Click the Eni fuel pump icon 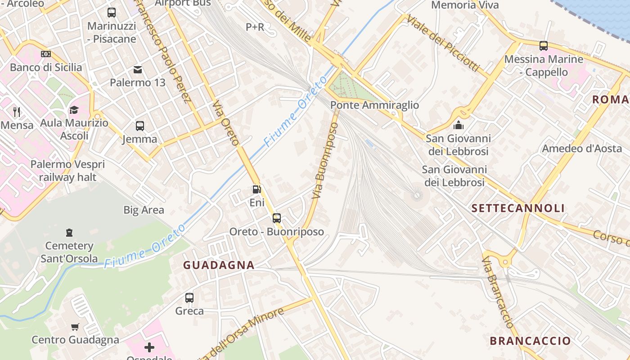click(256, 189)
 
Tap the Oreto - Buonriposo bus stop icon click(277, 218)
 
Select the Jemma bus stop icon click(140, 126)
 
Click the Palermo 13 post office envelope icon click(138, 69)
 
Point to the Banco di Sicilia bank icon click(46, 54)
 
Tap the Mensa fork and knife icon click(17, 112)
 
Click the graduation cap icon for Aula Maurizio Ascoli click(74, 110)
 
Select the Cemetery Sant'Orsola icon click(69, 232)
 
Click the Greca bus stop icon click(189, 297)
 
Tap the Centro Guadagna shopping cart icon click(75, 327)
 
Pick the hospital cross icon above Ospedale click(149, 347)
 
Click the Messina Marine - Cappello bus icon click(544, 45)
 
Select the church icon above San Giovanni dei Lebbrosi click(459, 125)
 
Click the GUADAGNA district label click(219, 265)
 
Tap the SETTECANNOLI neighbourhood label click(518, 208)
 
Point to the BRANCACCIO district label click(530, 341)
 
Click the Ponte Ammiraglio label click(374, 105)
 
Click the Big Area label click(144, 210)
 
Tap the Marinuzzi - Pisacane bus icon click(112, 13)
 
